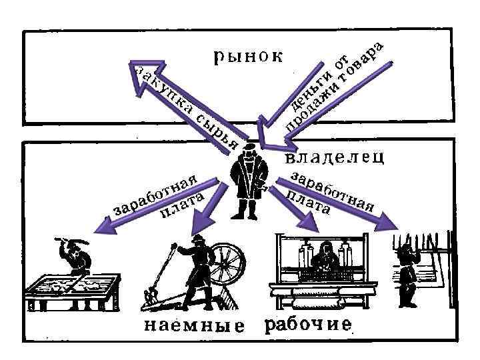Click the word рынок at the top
click(x=248, y=56)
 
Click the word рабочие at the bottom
click(x=308, y=325)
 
